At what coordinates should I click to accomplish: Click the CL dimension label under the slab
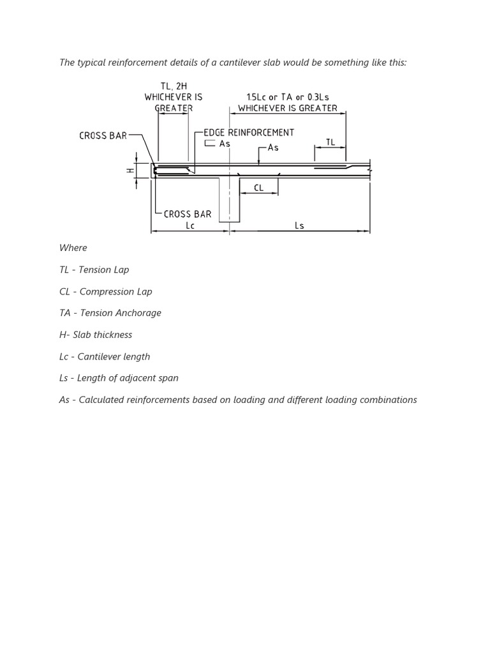click(258, 188)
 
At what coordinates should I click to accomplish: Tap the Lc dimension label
click(190, 225)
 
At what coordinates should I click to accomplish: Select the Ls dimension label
click(300, 225)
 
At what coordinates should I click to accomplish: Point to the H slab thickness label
click(130, 171)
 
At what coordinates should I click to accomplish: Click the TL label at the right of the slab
click(330, 142)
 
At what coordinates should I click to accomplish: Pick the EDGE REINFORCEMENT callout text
click(249, 132)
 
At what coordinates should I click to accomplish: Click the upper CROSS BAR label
click(103, 135)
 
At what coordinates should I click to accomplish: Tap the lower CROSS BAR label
click(188, 214)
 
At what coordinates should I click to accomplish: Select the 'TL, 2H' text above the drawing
click(174, 86)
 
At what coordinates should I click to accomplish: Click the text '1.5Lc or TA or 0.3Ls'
click(288, 97)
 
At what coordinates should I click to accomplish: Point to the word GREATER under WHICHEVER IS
click(174, 108)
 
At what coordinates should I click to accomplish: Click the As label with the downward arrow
click(273, 148)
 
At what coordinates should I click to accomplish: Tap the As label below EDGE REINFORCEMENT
click(225, 144)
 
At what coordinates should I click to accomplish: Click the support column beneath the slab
click(229, 199)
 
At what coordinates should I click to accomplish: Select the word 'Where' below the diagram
click(73, 248)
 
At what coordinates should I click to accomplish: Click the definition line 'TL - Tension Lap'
click(94, 270)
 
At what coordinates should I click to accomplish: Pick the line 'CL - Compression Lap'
click(106, 291)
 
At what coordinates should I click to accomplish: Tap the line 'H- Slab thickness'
click(96, 335)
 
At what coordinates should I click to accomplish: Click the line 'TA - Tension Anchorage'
click(110, 313)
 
